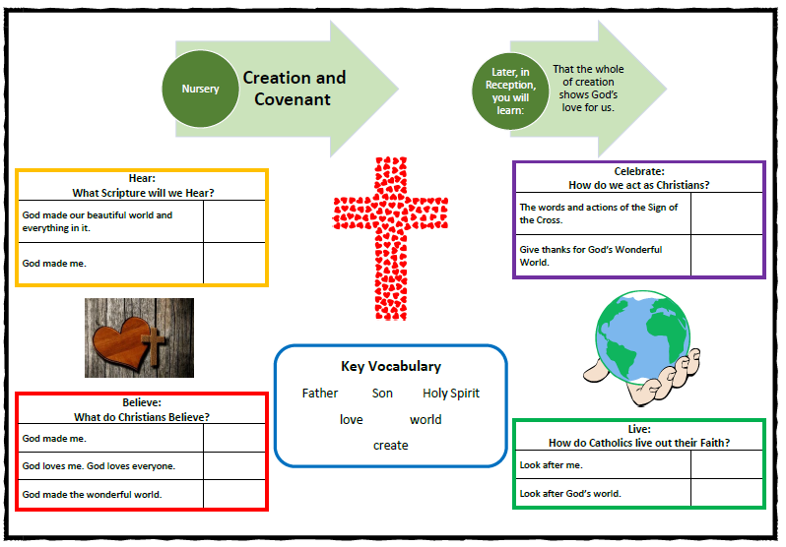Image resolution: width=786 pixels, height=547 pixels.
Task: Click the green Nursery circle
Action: click(201, 89)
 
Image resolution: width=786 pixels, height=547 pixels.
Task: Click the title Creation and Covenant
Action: click(295, 89)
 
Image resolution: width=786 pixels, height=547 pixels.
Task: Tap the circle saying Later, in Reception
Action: click(510, 91)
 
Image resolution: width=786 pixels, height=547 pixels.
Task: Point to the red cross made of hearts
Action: click(390, 238)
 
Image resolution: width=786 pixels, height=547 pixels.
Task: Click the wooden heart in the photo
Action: click(122, 343)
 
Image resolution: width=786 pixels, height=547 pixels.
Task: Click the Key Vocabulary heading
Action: click(391, 366)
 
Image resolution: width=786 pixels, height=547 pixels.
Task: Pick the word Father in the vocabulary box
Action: click(320, 394)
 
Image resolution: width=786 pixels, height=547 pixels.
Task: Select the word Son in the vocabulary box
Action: click(382, 394)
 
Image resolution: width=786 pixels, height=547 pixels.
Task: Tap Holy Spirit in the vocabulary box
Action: click(451, 394)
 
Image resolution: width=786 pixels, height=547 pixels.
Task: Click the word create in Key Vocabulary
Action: click(390, 446)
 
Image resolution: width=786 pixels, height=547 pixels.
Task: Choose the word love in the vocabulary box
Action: click(351, 419)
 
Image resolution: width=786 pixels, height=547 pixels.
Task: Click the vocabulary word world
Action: click(426, 419)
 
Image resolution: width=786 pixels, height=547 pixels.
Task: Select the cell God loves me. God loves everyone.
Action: click(98, 466)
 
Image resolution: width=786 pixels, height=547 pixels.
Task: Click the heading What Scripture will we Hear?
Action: click(143, 193)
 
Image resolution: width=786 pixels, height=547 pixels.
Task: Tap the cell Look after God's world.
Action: click(570, 494)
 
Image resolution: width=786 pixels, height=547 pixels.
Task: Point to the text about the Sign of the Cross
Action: click(599, 213)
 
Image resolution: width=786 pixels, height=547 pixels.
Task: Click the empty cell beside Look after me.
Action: click(726, 464)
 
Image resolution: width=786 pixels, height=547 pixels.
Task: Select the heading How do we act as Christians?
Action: click(639, 185)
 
